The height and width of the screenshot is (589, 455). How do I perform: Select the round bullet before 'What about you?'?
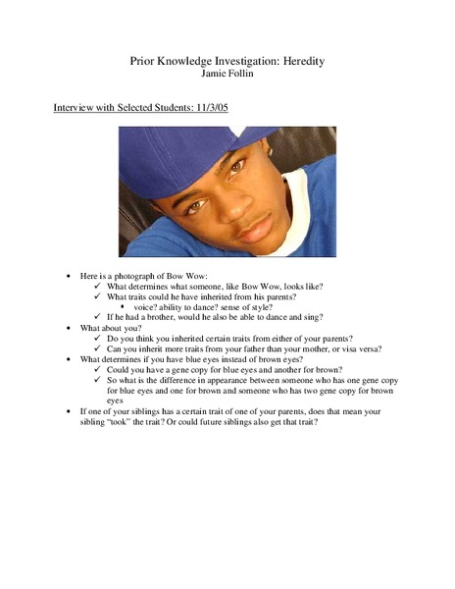(x=68, y=328)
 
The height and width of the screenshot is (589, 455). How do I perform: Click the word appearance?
(x=231, y=380)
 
